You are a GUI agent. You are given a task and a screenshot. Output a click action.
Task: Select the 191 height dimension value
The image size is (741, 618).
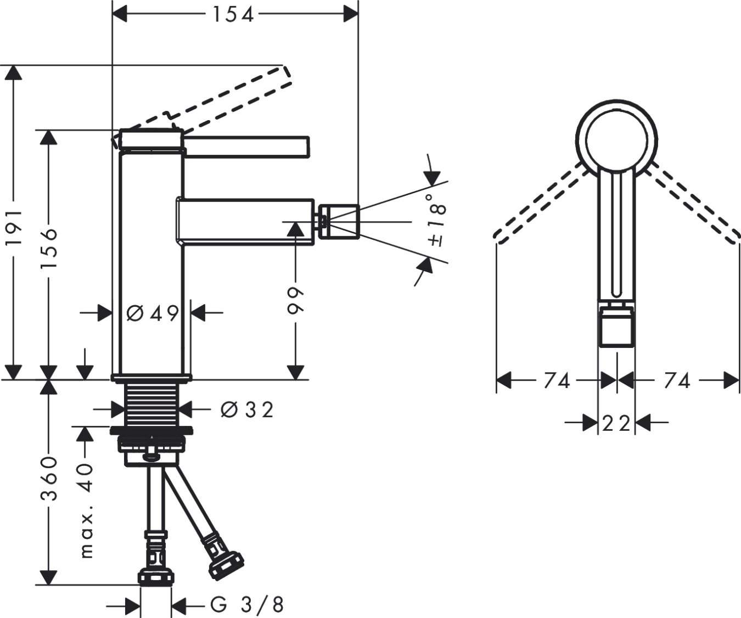(x=15, y=227)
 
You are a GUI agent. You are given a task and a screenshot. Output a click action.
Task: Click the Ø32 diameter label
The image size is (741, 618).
(x=246, y=409)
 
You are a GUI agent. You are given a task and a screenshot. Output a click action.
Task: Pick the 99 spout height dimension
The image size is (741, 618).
(x=296, y=300)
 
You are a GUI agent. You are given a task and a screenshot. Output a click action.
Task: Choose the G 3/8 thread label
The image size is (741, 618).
(x=247, y=605)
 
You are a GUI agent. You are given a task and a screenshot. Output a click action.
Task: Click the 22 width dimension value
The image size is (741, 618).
(x=616, y=423)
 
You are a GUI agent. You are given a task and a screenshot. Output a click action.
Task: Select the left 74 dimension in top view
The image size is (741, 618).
(x=557, y=380)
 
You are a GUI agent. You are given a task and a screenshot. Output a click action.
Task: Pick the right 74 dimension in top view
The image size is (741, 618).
(x=677, y=380)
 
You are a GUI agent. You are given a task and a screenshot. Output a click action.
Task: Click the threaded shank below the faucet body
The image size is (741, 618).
(x=151, y=403)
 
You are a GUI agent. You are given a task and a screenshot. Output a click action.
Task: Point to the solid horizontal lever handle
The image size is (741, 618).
(x=247, y=145)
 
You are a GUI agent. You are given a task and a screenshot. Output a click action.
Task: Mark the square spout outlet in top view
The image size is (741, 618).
(x=616, y=328)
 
